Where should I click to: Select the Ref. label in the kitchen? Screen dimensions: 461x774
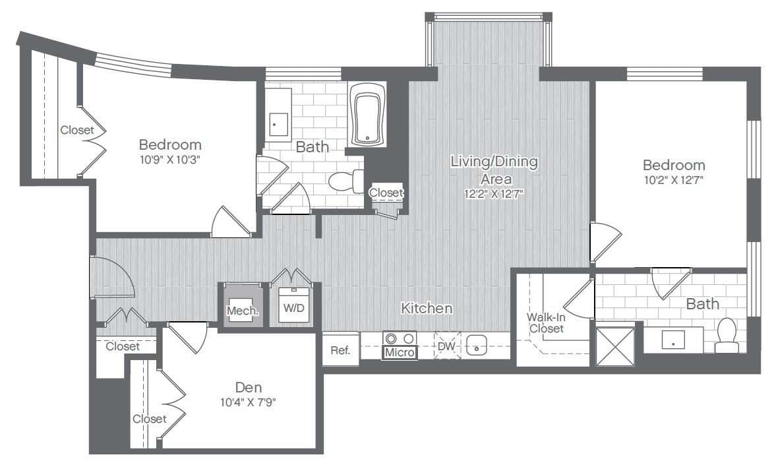[x=340, y=351]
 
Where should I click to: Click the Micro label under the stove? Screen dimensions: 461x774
[x=400, y=353]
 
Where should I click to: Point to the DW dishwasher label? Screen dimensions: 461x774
[x=446, y=345]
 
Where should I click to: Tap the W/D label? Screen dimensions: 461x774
[x=293, y=308]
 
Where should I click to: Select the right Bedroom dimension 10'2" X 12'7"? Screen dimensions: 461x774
[x=673, y=181]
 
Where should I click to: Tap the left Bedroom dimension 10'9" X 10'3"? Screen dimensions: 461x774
[x=169, y=160]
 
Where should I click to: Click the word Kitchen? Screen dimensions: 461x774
[x=427, y=308]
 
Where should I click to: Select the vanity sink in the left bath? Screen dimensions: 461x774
[x=278, y=123]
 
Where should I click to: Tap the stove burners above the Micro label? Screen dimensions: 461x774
[x=400, y=338]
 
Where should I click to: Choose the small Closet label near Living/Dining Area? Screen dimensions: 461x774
[x=386, y=193]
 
